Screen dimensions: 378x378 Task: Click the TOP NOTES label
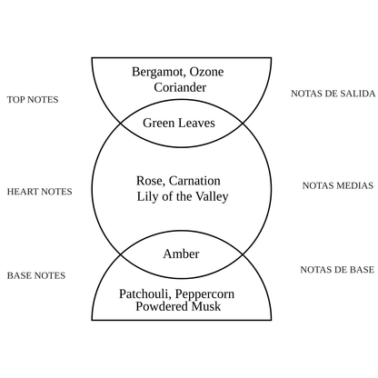click(32, 99)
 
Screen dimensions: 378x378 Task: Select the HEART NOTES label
click(39, 192)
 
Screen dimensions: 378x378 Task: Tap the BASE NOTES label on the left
click(36, 274)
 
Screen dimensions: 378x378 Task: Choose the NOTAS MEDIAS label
click(337, 185)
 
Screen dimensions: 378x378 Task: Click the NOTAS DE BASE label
click(336, 270)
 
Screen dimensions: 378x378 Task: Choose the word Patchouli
click(147, 293)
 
